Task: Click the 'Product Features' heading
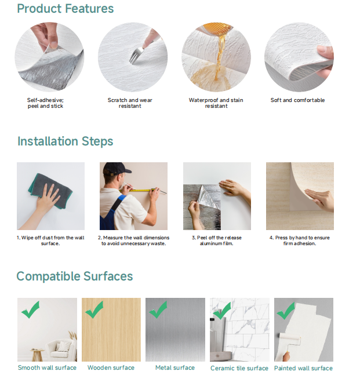pos(66,9)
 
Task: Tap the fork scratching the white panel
pos(136,55)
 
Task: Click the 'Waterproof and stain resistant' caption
pos(216,103)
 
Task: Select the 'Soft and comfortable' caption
pos(297,100)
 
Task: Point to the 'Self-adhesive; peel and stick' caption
pos(45,103)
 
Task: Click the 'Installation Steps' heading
pos(66,141)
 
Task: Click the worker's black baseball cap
pos(116,169)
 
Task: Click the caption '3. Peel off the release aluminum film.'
pos(217,240)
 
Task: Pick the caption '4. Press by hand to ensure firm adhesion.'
pos(300,240)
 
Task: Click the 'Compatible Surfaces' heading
pos(75,276)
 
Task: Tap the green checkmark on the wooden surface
pos(94,310)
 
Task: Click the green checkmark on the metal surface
pos(158,310)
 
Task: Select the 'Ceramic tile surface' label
pos(239,368)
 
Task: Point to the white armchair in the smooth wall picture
pos(61,350)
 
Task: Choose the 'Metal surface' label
pos(175,367)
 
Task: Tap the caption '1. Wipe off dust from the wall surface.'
pos(50,240)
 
